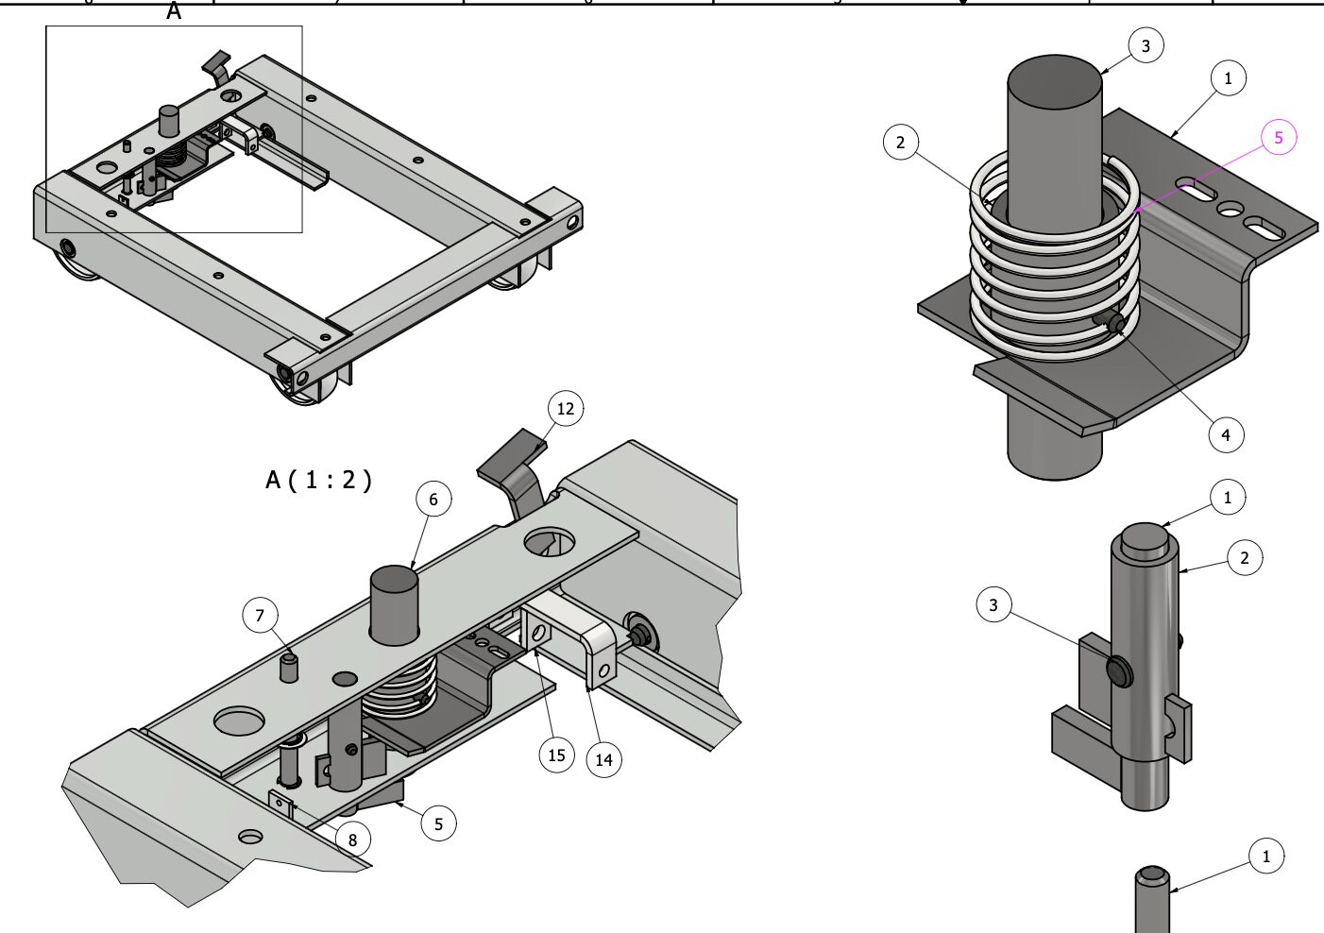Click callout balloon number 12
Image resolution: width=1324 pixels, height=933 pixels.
click(566, 409)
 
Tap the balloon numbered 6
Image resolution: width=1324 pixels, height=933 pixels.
click(433, 500)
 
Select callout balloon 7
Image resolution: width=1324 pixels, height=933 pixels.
click(260, 617)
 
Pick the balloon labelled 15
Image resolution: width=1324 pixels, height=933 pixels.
click(556, 755)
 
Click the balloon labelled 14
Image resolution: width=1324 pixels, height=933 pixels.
click(604, 759)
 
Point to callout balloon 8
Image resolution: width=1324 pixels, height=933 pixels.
click(352, 840)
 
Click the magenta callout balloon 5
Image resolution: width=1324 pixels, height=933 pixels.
click(1279, 138)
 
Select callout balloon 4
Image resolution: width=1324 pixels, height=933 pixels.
click(1226, 434)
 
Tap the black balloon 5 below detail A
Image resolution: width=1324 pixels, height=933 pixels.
click(438, 823)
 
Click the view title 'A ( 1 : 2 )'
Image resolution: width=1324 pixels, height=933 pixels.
click(318, 480)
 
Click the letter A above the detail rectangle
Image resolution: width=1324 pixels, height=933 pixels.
click(174, 12)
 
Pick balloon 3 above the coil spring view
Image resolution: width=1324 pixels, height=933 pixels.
click(1146, 45)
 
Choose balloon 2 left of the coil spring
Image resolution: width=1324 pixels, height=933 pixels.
click(900, 143)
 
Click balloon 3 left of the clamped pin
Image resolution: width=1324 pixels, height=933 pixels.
click(993, 604)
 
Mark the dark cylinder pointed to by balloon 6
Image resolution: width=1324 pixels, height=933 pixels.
click(394, 604)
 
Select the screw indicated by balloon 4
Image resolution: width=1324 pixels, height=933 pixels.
click(1114, 325)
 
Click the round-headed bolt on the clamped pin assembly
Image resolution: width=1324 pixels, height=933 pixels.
click(1119, 671)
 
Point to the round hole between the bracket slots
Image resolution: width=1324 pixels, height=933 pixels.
click(1230, 209)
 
